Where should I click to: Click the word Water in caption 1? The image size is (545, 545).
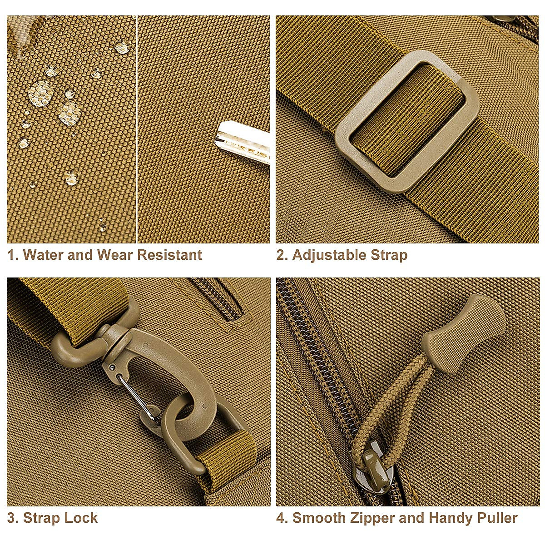point(43,255)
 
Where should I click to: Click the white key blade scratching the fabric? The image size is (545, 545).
point(243,141)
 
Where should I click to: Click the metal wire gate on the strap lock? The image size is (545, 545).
point(135,395)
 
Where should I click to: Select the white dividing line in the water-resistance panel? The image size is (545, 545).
point(137,129)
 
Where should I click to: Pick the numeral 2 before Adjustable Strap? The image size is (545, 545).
point(281,255)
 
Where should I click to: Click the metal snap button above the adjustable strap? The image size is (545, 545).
point(504,18)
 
